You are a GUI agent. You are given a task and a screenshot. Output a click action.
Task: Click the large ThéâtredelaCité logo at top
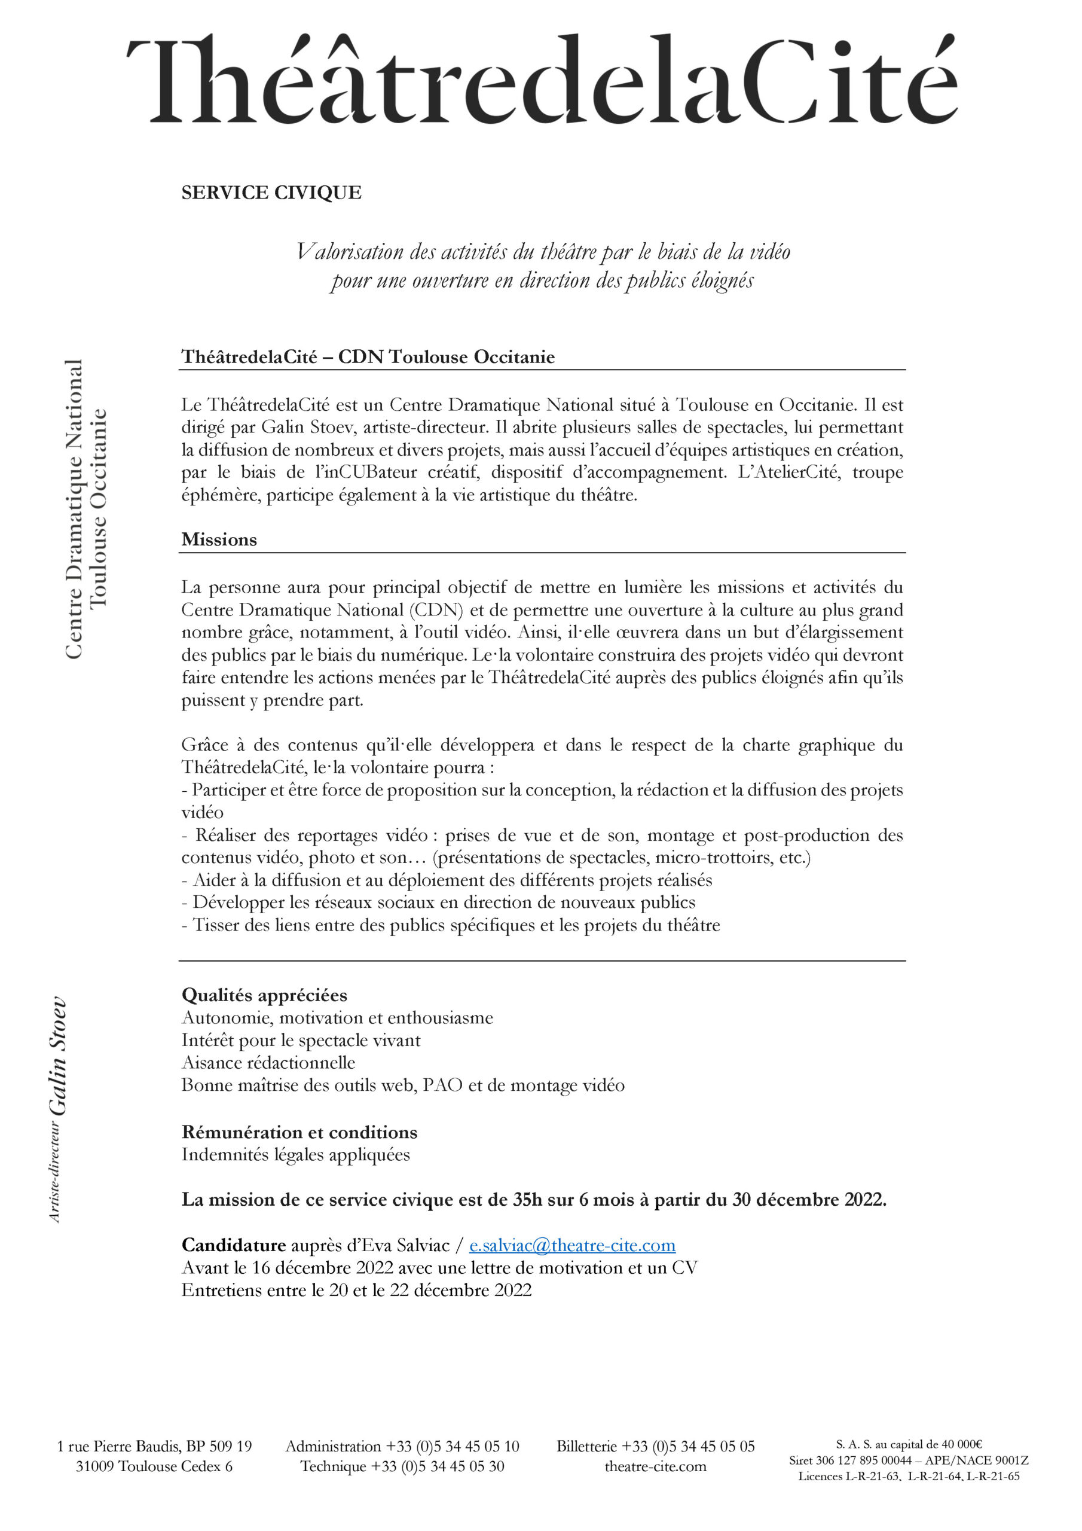pyautogui.click(x=542, y=80)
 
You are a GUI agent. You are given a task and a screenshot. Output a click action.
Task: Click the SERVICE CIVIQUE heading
pyautogui.click(x=271, y=193)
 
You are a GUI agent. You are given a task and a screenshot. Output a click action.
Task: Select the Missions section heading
pyautogui.click(x=219, y=539)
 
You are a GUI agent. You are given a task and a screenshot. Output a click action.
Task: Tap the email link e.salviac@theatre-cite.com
pyautogui.click(x=572, y=1246)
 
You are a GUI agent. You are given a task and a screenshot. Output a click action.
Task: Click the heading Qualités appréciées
pyautogui.click(x=264, y=996)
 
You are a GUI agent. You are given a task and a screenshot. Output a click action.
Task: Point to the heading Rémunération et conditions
pyautogui.click(x=299, y=1132)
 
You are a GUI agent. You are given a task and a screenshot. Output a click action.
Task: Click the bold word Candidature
pyautogui.click(x=233, y=1246)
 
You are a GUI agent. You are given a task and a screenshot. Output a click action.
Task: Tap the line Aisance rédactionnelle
pyautogui.click(x=268, y=1063)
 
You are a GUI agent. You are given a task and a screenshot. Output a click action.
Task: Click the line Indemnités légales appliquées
pyautogui.click(x=295, y=1155)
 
